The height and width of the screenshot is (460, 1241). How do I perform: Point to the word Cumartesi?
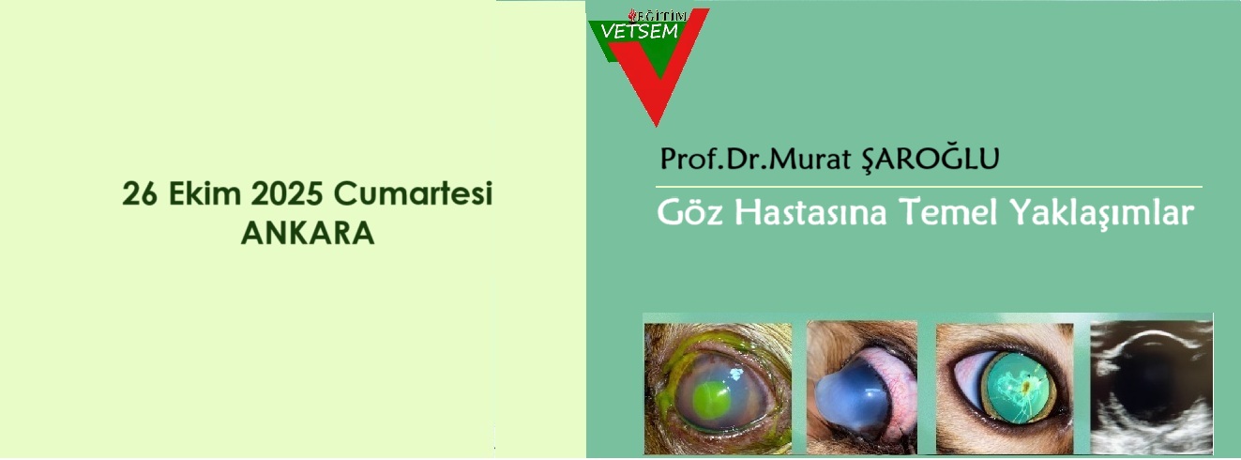tap(413, 193)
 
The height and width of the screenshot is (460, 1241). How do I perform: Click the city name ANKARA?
tap(308, 234)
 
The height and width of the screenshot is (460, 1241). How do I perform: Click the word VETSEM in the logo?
tap(640, 32)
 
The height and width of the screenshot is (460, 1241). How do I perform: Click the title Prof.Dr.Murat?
tap(755, 159)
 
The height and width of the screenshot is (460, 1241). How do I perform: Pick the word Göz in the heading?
tap(689, 212)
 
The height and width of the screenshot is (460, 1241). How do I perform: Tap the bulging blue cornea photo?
tap(862, 388)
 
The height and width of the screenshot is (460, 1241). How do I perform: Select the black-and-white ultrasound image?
tap(1151, 388)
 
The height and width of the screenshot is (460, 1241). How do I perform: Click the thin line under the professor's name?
tap(929, 188)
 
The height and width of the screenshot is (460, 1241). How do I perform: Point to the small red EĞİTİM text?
tap(658, 16)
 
